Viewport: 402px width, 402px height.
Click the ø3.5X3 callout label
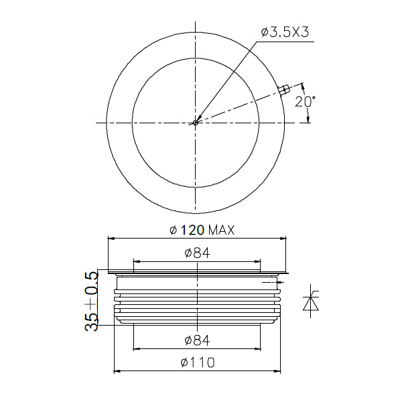[285, 33]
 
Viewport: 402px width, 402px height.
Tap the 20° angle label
[305, 102]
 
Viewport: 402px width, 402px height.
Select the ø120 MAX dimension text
[202, 230]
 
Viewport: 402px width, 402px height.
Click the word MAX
[222, 230]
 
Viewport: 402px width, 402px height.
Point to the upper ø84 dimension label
[197, 253]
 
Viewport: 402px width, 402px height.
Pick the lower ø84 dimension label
[197, 340]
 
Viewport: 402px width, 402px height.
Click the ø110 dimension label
[198, 362]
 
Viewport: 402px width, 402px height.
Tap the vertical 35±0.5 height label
[92, 301]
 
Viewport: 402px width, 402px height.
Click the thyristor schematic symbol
[311, 301]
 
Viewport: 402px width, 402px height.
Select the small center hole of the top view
[196, 123]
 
